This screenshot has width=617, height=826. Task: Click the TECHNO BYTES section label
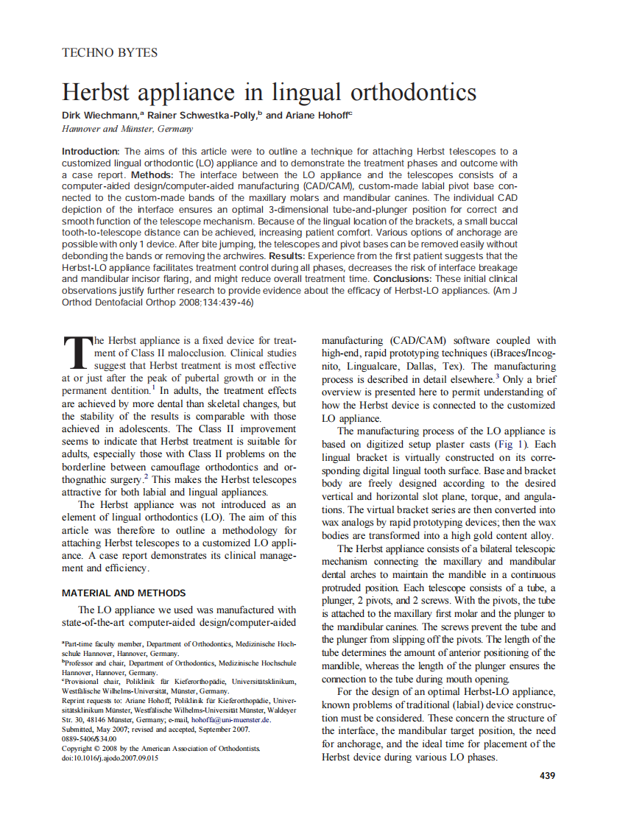click(110, 52)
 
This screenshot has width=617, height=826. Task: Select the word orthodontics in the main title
click(408, 93)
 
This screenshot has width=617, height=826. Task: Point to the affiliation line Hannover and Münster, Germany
click(127, 129)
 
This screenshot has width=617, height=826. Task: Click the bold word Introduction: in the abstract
click(91, 152)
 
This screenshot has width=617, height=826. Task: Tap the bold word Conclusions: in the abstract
click(403, 280)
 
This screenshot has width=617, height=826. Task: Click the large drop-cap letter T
click(76, 354)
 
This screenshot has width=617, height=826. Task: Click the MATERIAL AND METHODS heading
click(124, 593)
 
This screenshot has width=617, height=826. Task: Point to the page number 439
click(547, 775)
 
